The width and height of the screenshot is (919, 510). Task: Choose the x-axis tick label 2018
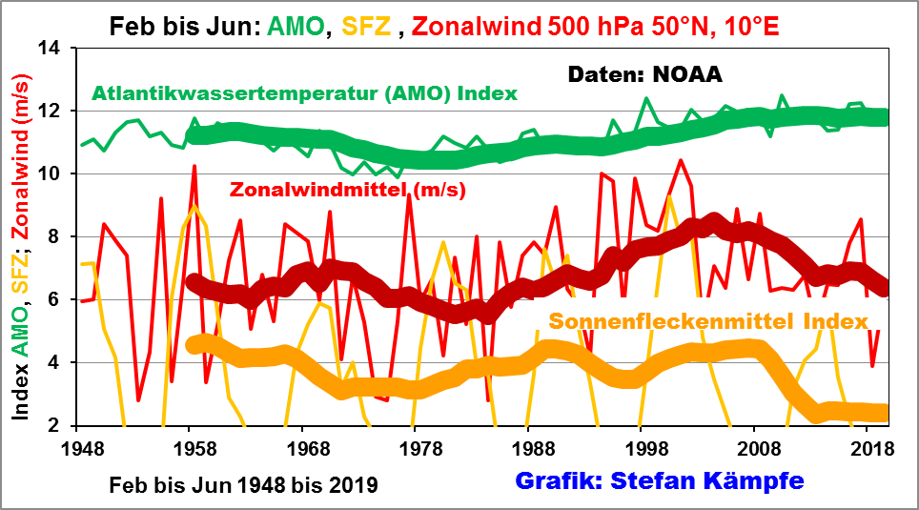click(868, 446)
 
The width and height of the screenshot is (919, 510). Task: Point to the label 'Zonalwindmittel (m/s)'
click(347, 189)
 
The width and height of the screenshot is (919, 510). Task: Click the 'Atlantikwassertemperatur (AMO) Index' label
click(304, 92)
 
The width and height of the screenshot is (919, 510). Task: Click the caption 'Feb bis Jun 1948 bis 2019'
click(243, 484)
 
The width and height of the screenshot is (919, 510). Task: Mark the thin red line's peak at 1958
click(194, 166)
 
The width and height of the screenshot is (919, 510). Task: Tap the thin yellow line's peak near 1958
click(194, 206)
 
